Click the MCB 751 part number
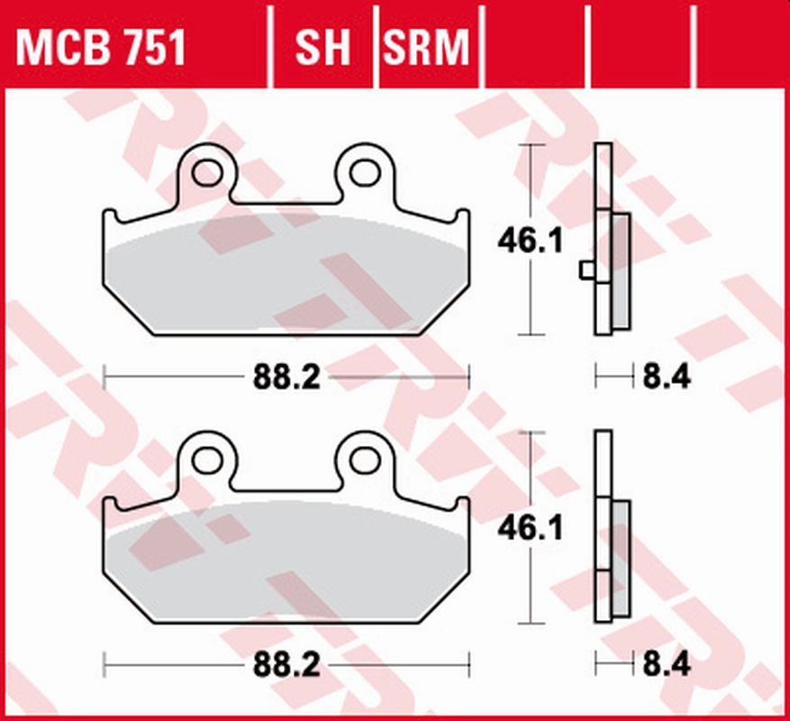[101, 47]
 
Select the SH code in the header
[322, 47]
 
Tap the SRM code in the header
[426, 47]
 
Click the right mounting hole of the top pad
[365, 172]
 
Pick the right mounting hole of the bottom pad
[365, 460]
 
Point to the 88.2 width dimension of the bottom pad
[286, 666]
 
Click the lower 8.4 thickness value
[666, 666]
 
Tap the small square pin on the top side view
[586, 269]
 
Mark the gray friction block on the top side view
[621, 270]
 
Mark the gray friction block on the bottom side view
[621, 559]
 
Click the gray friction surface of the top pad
[286, 275]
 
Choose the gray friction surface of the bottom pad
[286, 563]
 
